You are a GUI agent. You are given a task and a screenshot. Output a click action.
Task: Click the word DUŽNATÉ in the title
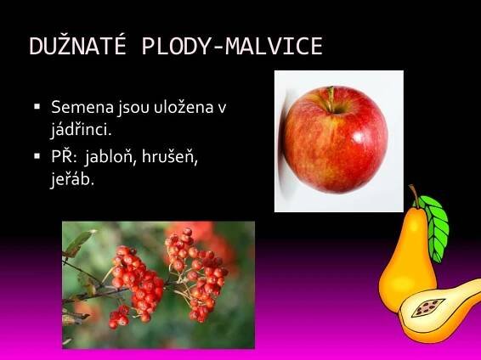coord(77,46)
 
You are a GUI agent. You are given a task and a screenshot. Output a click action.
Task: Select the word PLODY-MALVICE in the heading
coord(232,46)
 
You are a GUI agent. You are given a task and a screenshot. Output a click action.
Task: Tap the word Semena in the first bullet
coord(82,107)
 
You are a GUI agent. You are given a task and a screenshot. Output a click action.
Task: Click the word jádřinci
coord(81,130)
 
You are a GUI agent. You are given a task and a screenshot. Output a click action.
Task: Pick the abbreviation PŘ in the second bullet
coord(64,156)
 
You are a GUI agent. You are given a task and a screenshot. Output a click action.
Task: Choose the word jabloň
coord(110,157)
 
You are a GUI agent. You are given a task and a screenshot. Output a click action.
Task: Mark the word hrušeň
coord(170,157)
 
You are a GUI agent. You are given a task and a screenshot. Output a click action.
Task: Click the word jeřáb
coord(71,179)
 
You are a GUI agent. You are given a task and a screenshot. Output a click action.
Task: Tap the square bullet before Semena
coord(37,106)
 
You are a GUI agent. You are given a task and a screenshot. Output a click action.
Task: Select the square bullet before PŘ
coord(37,156)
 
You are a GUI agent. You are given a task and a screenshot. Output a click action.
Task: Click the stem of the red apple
coord(331,98)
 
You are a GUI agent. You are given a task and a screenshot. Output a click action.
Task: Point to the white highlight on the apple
coord(358,137)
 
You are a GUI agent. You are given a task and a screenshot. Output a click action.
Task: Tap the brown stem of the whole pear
coord(415,196)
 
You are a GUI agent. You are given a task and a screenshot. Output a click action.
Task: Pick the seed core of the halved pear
coord(428,307)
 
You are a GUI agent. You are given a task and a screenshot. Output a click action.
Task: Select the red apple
coord(335,139)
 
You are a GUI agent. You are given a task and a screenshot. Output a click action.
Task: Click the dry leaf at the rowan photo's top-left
coord(80,241)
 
